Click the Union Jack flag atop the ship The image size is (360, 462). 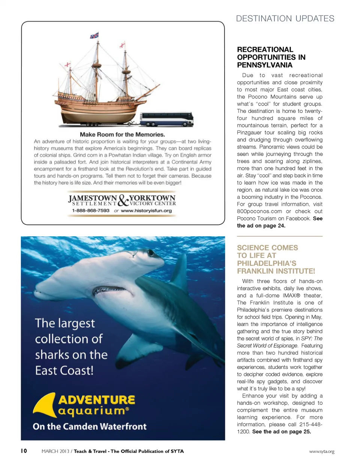tap(94, 36)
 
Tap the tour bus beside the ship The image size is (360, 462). tap(167, 119)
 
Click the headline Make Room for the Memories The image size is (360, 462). tap(123, 134)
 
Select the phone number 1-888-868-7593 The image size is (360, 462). tap(91, 211)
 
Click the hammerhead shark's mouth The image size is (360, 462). tap(109, 290)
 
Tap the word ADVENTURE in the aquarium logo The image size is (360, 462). tap(96, 400)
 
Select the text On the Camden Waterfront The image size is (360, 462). tap(90, 426)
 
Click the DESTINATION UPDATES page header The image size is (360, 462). tap(285, 18)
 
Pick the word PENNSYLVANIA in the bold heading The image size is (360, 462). tap(264, 65)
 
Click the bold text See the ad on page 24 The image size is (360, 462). tap(279, 222)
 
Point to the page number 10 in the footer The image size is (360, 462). tap(24, 451)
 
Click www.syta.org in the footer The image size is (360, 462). tap(321, 451)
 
